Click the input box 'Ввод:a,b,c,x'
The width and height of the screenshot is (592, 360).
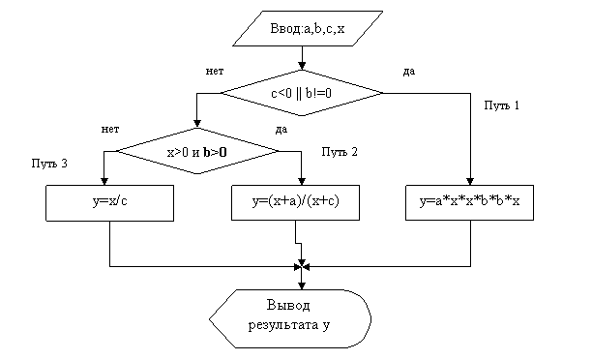coord(308,29)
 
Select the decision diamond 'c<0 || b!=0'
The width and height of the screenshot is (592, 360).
coord(302,93)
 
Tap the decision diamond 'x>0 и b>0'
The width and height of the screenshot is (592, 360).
coord(197,151)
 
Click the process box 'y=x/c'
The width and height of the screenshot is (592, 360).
coord(110,203)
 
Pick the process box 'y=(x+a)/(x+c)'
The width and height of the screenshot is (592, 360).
coord(295,202)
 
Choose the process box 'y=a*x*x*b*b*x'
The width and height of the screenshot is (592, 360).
coord(470,202)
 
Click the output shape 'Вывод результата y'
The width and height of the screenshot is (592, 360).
coord(290,318)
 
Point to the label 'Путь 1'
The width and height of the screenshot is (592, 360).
coord(502,105)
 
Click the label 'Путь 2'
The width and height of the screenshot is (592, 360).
coord(340,152)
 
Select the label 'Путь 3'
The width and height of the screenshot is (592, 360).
coord(49,164)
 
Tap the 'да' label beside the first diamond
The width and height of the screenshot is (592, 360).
coord(409,72)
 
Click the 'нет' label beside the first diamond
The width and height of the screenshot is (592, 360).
coord(215,71)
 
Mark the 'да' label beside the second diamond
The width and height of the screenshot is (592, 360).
coord(281,130)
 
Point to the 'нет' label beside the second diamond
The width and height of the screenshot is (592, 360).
coord(110,129)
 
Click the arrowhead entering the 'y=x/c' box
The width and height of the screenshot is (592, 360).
coord(104,181)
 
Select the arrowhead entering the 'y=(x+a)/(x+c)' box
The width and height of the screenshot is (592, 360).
coord(301,181)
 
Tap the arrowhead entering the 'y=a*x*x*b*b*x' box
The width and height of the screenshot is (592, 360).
coord(470,181)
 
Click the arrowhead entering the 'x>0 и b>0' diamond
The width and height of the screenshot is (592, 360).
coord(197,124)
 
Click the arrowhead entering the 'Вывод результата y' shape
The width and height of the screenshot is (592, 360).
coord(302,285)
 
